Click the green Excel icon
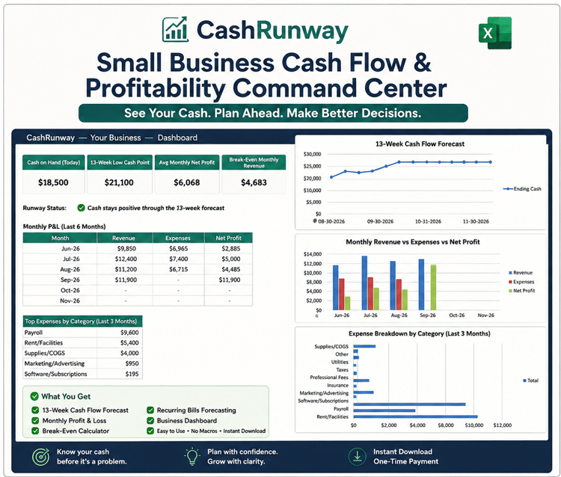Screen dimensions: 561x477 click(x=495, y=33)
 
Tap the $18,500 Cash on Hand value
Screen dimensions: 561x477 click(x=53, y=182)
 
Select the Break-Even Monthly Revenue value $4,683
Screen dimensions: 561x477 click(x=254, y=182)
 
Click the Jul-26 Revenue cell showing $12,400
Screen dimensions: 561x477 click(x=126, y=259)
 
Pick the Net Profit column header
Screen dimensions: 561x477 click(x=229, y=238)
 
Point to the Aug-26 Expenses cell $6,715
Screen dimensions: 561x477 click(x=179, y=269)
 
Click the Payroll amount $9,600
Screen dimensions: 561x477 click(x=129, y=333)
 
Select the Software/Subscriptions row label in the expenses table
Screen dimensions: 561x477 click(x=56, y=374)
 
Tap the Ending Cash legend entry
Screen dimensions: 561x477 click(x=522, y=189)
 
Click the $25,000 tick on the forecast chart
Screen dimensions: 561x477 click(x=312, y=166)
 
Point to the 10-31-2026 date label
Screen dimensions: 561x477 click(x=428, y=221)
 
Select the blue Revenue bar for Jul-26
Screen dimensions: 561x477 click(x=364, y=283)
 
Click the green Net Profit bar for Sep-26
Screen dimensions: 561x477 click(x=433, y=287)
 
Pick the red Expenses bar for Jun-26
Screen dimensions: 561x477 click(x=342, y=295)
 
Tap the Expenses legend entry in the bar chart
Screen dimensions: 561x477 click(x=521, y=282)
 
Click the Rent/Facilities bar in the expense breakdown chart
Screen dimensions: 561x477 click(x=415, y=416)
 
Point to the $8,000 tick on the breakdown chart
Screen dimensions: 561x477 click(x=446, y=425)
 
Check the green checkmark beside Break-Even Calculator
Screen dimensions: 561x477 click(x=35, y=431)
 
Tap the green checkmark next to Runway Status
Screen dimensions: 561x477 click(x=82, y=208)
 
